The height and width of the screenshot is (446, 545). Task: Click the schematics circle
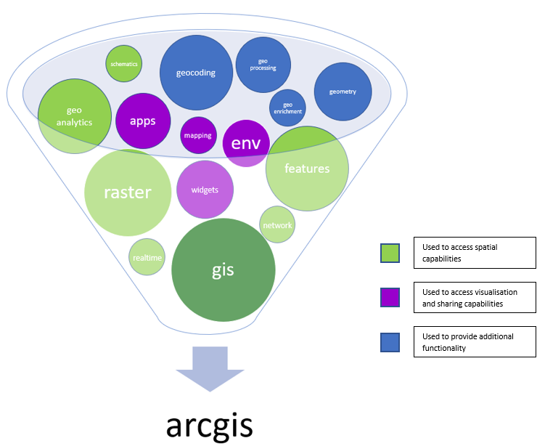pos(124,64)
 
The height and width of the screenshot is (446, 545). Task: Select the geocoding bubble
pos(196,73)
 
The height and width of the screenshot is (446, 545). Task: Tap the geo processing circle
pos(263,65)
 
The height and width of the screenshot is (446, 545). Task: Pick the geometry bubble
pos(343,92)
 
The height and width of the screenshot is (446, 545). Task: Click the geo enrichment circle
pos(287,108)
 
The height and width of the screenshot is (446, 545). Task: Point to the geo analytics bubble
pos(74,116)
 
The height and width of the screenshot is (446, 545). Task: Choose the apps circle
pos(143,121)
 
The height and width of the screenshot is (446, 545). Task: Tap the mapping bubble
pos(198,135)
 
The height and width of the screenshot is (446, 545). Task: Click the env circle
pos(246,143)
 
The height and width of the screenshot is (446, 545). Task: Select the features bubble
pos(307,169)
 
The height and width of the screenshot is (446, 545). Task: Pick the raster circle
pos(128,192)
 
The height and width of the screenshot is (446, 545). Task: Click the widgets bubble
pos(205,190)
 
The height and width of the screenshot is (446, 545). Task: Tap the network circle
pos(277,224)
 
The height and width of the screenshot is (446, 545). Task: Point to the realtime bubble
pos(147,256)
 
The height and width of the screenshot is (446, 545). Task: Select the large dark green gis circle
pos(223,270)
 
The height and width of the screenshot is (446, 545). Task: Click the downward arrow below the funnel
pos(210,369)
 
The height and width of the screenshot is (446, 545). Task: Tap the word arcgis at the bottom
pos(209,425)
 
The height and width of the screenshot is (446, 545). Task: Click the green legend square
pos(390,253)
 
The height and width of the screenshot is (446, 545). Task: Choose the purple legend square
pos(390,297)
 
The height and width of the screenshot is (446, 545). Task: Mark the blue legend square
pos(390,342)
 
